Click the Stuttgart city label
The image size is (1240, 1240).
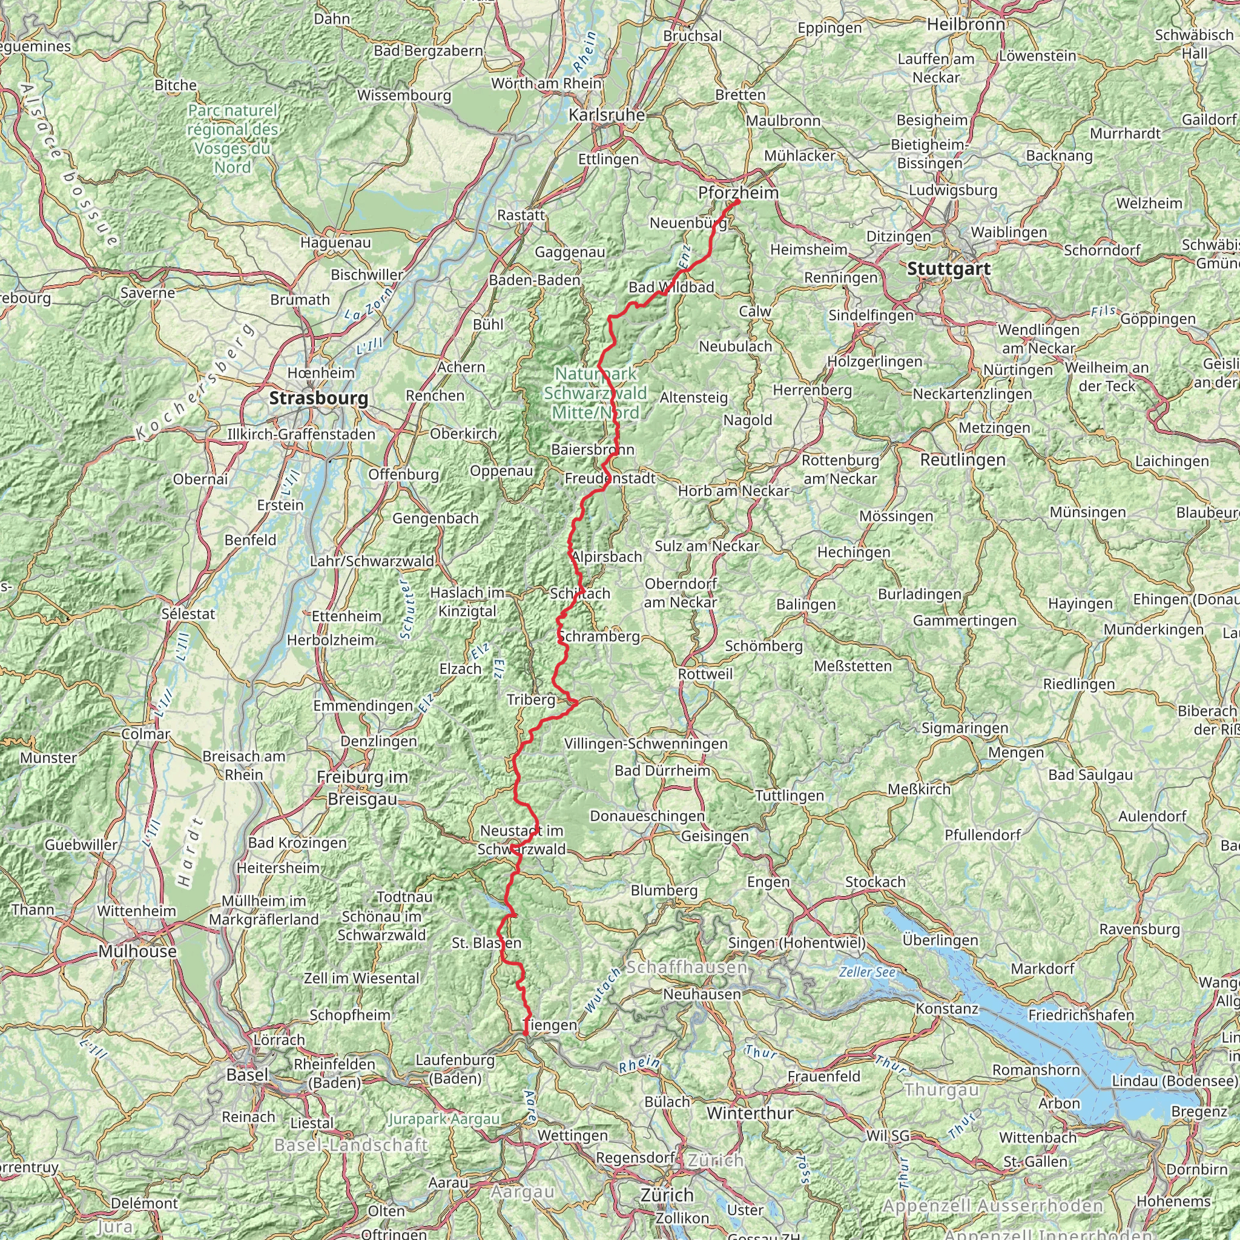[x=949, y=269]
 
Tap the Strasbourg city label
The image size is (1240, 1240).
[x=318, y=398]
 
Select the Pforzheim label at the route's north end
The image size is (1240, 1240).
[x=738, y=193]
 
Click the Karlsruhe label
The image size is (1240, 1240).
[x=607, y=115]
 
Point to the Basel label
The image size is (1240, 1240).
[x=247, y=1075]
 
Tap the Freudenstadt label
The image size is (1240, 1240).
[x=610, y=478]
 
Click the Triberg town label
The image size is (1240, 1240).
[x=531, y=699]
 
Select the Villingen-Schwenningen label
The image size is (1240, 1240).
[x=645, y=744]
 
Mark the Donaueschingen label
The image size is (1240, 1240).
[x=647, y=816]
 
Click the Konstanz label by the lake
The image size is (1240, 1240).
[x=947, y=1008]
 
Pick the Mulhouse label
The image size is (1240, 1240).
[x=137, y=951]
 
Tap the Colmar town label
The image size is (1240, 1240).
[x=146, y=734]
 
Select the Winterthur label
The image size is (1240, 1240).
[x=750, y=1113]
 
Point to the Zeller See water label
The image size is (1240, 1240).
[x=866, y=972]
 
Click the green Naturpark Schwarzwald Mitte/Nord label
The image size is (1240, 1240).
[x=595, y=393]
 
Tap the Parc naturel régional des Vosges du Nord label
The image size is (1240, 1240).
[x=233, y=139]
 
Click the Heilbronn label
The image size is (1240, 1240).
[x=966, y=24]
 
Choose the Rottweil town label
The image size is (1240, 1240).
[x=705, y=674]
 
